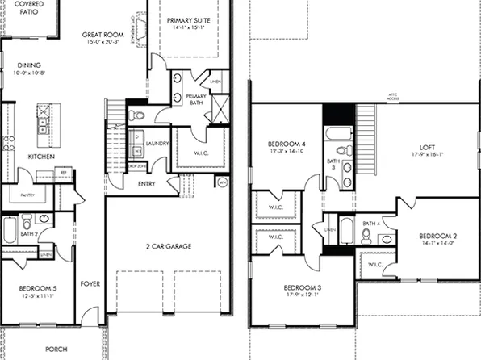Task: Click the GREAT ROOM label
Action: point(102,36)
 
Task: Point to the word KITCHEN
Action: point(42,156)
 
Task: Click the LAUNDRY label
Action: point(158,143)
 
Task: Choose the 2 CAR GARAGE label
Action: point(168,245)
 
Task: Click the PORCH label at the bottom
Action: point(56,350)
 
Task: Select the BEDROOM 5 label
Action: point(39,287)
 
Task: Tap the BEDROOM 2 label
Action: point(437,237)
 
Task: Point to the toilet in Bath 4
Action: point(366,235)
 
